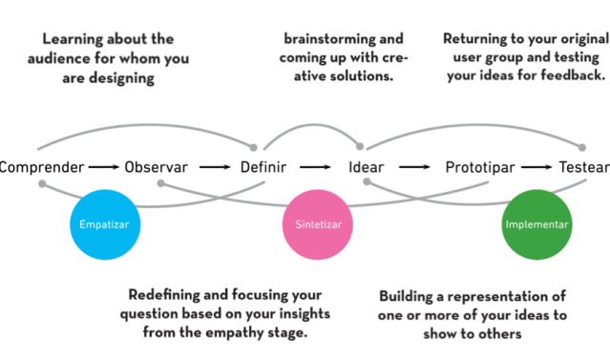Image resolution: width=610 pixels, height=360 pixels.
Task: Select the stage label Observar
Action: (x=156, y=168)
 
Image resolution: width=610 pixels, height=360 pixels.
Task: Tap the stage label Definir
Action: (x=263, y=168)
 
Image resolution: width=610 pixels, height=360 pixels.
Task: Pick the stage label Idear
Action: (x=367, y=168)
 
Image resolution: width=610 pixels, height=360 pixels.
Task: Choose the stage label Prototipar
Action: (x=480, y=168)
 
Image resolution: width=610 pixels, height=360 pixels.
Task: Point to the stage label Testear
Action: (x=583, y=168)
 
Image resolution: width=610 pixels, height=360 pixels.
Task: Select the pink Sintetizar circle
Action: (x=312, y=225)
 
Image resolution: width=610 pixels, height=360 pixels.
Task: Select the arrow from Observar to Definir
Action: (x=214, y=168)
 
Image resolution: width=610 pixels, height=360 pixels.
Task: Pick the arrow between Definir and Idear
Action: (x=316, y=168)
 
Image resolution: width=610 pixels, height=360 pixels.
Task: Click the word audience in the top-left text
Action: (x=74, y=59)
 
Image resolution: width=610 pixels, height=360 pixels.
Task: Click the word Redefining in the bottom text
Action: (x=168, y=293)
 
